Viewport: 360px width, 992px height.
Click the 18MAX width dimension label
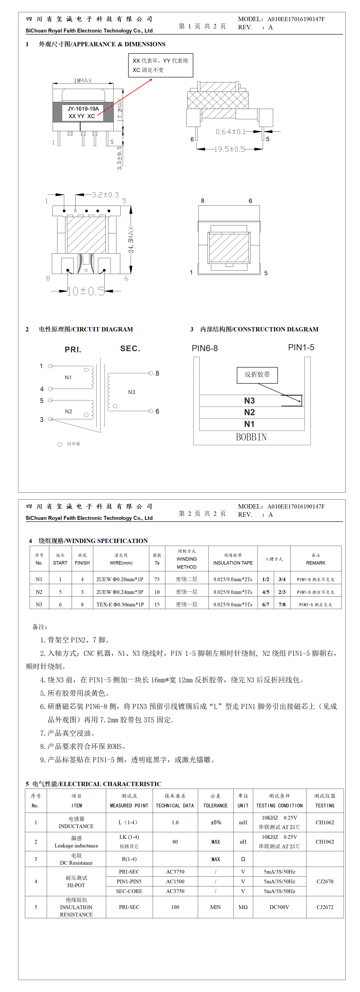pos(83,81)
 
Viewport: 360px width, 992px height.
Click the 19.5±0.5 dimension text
pos(230,149)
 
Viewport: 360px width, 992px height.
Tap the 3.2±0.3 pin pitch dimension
pos(105,195)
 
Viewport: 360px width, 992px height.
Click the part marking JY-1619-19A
pos(83,109)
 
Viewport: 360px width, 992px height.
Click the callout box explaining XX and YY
pos(160,65)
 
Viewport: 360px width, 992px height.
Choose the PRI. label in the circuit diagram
pos(73,350)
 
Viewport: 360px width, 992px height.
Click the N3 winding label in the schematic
pos(132,392)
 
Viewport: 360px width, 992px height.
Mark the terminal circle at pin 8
pos(151,373)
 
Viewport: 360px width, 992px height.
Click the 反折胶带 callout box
pos(257,375)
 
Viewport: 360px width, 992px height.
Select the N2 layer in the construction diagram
pos(250,412)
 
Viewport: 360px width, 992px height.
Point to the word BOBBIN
pos(251,437)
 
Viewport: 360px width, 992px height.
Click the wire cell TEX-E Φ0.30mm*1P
pos(120,605)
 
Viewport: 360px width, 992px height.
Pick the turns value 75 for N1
pos(157,579)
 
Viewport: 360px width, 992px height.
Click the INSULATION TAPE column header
pos(233,563)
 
